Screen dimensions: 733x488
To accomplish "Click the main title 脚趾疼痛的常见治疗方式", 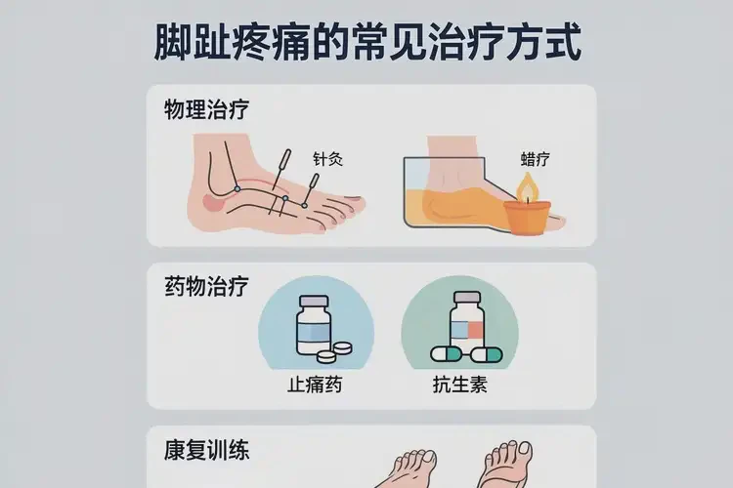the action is [x=367, y=43].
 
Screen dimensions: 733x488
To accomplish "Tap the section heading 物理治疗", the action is [x=206, y=109].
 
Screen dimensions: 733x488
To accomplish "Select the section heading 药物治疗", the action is [x=206, y=286].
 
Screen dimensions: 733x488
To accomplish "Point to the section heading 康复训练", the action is [x=206, y=451].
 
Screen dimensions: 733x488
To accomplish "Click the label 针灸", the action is [x=327, y=159].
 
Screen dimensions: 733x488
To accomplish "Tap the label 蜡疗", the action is [x=536, y=159].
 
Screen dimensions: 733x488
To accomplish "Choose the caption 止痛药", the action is [x=315, y=385].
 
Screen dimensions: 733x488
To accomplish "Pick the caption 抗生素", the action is [x=460, y=385].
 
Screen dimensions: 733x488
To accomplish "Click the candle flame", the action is [x=528, y=187].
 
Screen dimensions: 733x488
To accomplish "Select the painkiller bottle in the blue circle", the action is [x=314, y=325].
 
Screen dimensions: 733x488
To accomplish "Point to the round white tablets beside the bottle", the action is [x=334, y=352].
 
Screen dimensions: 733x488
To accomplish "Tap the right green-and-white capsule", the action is [x=487, y=355].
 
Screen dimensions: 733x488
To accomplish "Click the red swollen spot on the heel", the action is [x=212, y=204].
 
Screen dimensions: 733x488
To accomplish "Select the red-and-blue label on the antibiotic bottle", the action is [x=467, y=330].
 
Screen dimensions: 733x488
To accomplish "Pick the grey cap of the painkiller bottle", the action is [x=314, y=301].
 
